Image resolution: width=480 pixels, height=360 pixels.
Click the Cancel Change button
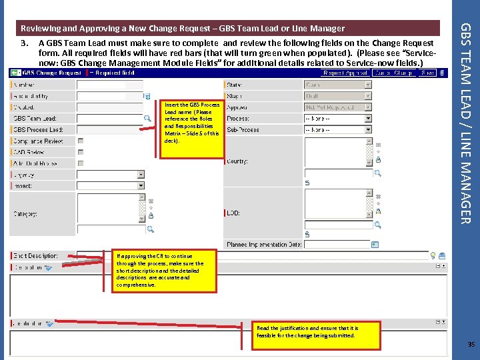[x=394, y=73]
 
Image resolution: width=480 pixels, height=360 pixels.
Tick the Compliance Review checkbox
[x=81, y=141]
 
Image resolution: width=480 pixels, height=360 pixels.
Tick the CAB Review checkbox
[x=81, y=152]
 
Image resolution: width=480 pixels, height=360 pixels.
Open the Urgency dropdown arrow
[x=141, y=175]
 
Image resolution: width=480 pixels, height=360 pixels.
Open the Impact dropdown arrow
[x=141, y=185]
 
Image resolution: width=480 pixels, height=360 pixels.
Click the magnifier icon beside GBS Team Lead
[x=148, y=119]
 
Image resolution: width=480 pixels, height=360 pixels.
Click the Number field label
[x=25, y=85]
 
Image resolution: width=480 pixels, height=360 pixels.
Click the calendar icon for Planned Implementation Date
[x=374, y=245]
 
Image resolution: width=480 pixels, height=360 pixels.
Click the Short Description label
[x=36, y=256]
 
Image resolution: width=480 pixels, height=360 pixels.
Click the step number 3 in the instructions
[x=25, y=43]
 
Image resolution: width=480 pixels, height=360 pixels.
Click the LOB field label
[x=234, y=213]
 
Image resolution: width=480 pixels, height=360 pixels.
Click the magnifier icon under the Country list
[x=377, y=173]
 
